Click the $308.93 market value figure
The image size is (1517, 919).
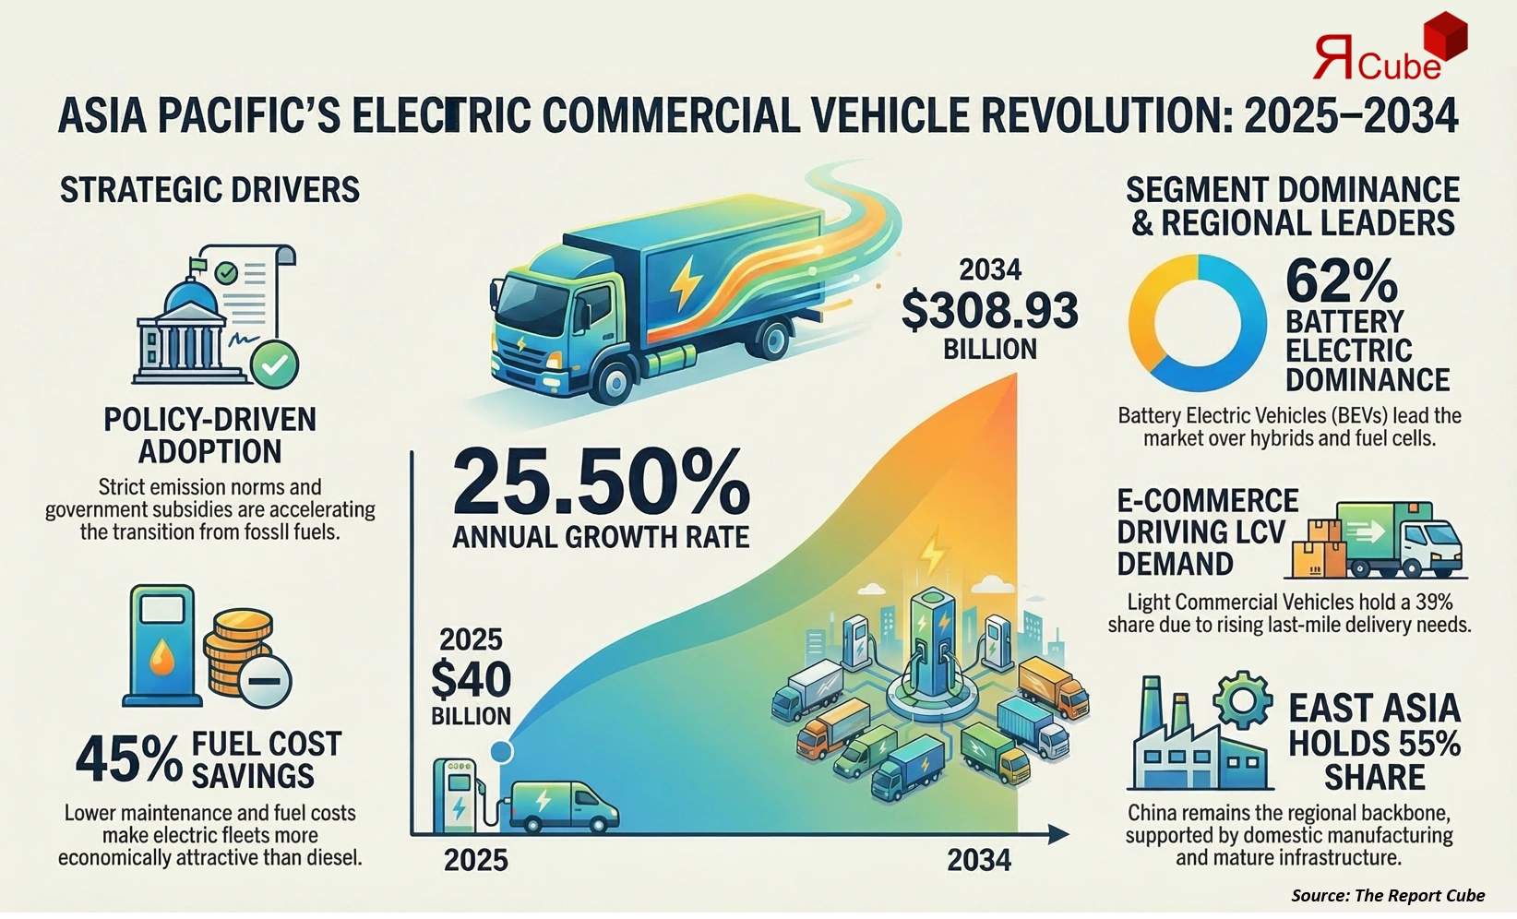tap(989, 311)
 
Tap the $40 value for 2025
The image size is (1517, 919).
tap(471, 680)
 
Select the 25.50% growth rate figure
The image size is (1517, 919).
tap(601, 483)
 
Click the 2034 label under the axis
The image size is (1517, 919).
tap(979, 860)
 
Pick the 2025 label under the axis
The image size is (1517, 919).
tap(476, 860)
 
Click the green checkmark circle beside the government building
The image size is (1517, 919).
tap(275, 364)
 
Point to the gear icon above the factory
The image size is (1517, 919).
tap(1243, 703)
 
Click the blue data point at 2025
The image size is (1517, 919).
tap(501, 751)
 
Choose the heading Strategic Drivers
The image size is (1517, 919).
tap(209, 190)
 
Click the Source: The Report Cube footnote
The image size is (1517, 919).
tap(1387, 895)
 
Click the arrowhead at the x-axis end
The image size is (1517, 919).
tap(1059, 835)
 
